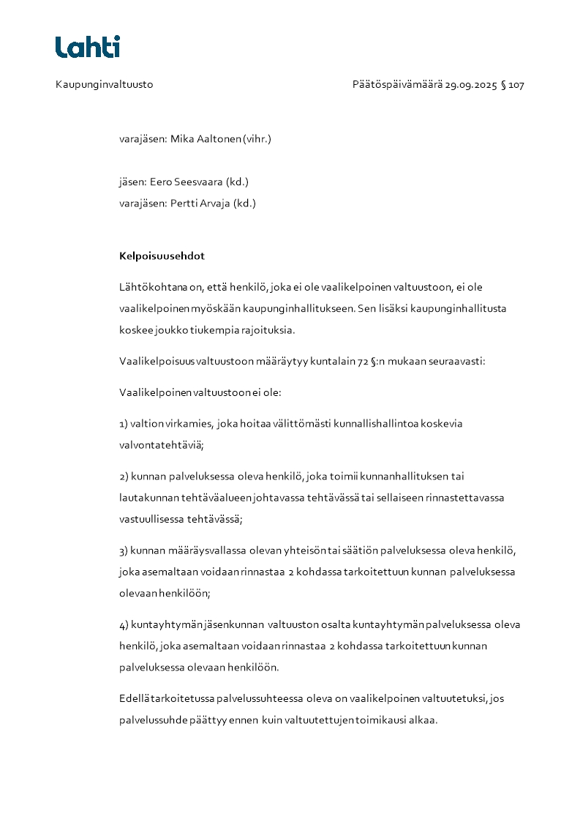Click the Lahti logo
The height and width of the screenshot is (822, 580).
(87, 47)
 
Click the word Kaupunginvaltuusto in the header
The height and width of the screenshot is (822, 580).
(104, 85)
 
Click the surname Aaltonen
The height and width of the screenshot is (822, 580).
(219, 138)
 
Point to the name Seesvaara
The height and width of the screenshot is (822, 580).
(197, 182)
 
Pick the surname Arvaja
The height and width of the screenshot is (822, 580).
(213, 203)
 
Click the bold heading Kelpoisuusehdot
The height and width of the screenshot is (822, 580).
(162, 256)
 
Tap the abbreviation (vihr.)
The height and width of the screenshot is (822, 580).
(257, 138)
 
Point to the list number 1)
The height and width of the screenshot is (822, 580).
(124, 424)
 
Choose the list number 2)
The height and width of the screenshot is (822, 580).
(124, 477)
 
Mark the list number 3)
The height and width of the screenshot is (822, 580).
(124, 550)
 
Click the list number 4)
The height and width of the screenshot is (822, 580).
(124, 624)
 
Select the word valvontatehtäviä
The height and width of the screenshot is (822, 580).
(160, 445)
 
